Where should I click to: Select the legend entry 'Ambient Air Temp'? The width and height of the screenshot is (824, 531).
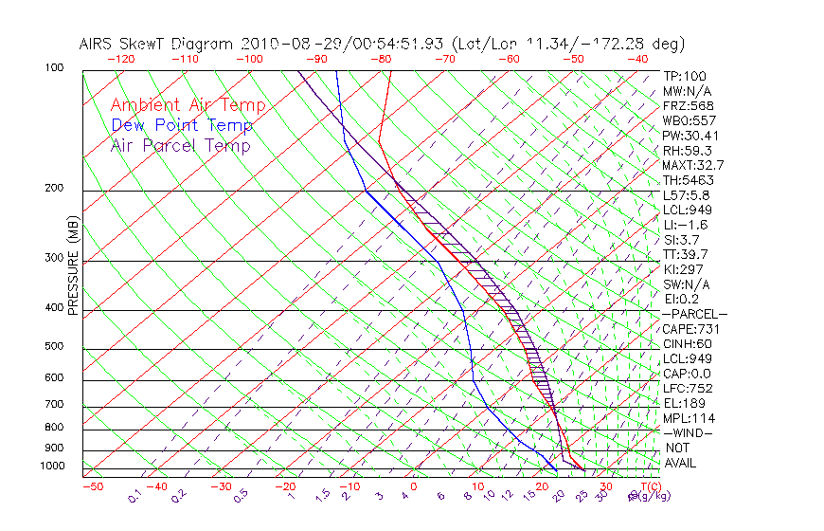[188, 105]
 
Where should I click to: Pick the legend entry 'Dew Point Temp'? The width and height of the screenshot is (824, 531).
[182, 125]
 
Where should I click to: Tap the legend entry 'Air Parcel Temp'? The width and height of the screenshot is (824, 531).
[180, 145]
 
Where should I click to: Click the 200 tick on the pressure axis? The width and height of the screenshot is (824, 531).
[55, 189]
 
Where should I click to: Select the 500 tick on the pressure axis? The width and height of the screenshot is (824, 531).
[55, 347]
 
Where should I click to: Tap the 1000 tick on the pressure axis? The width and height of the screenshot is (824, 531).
[53, 467]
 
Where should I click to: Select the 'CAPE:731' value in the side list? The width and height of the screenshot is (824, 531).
[689, 329]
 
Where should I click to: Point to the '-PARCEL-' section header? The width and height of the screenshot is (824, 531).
[694, 314]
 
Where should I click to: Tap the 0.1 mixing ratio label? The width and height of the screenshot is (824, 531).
[134, 496]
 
